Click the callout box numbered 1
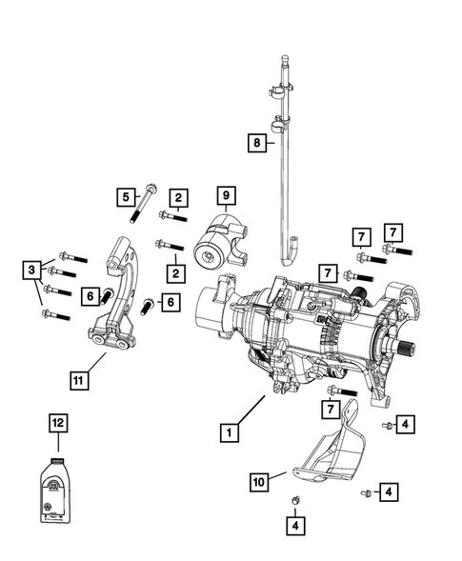point(229,431)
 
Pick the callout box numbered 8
point(256,143)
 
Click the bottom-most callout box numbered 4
point(295,524)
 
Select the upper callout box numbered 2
point(178,198)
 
